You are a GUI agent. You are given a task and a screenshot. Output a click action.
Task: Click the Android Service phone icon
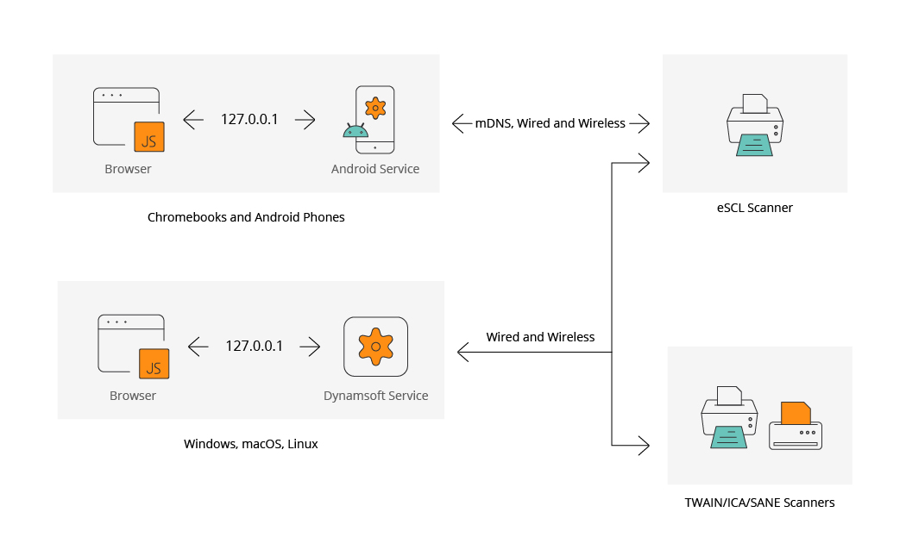click(x=375, y=119)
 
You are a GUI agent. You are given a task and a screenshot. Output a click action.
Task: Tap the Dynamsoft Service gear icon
click(x=375, y=347)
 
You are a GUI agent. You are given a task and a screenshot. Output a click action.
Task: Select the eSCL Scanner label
click(x=754, y=208)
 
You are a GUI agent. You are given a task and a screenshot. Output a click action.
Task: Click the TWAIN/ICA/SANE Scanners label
click(x=759, y=503)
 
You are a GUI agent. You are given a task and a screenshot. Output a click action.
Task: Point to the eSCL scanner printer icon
click(x=754, y=126)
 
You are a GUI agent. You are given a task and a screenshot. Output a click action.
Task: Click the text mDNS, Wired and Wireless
click(x=551, y=123)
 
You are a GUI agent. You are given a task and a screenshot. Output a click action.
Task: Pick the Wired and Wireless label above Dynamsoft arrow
click(x=540, y=337)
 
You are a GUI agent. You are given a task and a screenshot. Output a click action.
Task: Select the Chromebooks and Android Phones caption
click(x=246, y=217)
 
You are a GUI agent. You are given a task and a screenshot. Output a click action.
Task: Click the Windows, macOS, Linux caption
click(x=251, y=445)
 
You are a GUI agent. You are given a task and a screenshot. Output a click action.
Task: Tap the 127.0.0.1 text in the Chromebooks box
click(x=249, y=120)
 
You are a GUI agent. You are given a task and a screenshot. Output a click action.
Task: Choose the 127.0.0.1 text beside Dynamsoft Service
click(x=255, y=347)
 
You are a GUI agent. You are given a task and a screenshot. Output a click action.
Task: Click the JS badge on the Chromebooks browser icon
click(x=148, y=136)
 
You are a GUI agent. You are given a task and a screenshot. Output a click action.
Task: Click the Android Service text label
click(x=375, y=169)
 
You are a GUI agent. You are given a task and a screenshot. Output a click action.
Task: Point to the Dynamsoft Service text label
click(x=375, y=397)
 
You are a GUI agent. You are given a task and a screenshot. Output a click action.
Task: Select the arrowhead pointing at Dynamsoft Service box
click(x=462, y=352)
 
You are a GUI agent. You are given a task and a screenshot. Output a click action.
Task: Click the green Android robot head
click(x=355, y=131)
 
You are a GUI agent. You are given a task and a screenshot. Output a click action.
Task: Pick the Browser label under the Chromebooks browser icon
click(x=128, y=169)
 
